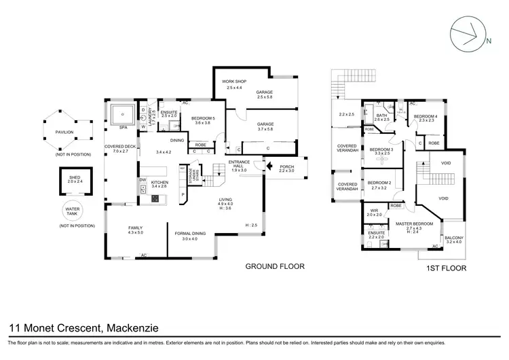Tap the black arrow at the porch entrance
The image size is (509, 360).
[x=270, y=165]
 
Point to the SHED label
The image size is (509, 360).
[x=74, y=178]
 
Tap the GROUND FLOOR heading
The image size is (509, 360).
[x=274, y=266]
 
